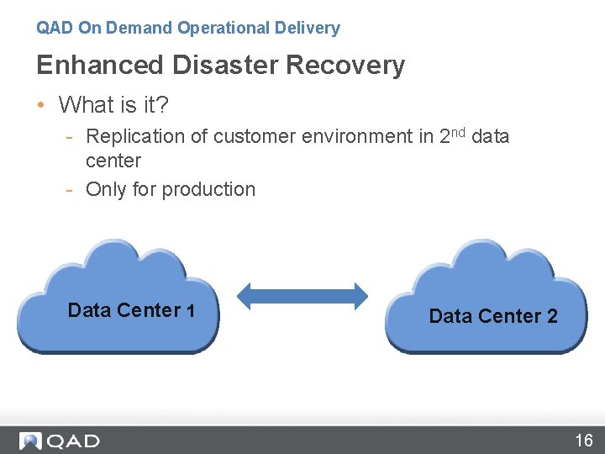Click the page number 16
[x=584, y=440]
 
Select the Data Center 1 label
[x=131, y=310]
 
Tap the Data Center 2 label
[x=492, y=316]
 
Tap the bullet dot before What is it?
[x=40, y=105]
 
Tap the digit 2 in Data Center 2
[x=552, y=316]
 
